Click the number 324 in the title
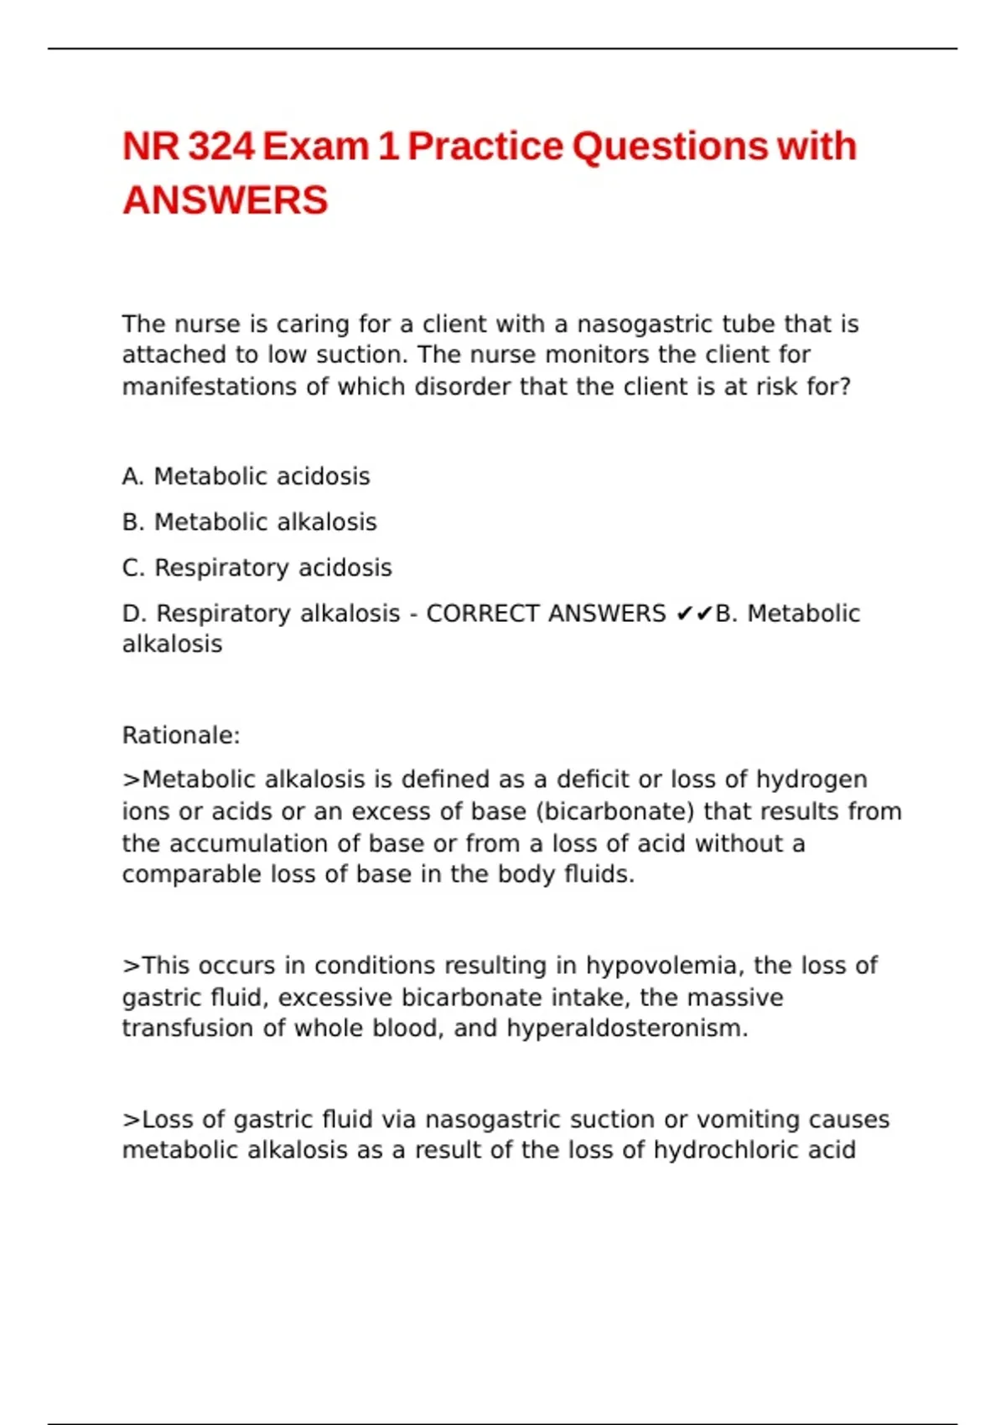pyautogui.click(x=221, y=147)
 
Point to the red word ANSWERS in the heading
pyautogui.click(x=225, y=201)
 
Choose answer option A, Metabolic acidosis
pyautogui.click(x=246, y=476)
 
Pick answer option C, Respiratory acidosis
pyautogui.click(x=257, y=567)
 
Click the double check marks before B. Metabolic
pyautogui.click(x=693, y=614)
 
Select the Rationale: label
pyautogui.click(x=181, y=735)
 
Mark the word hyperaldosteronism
pyautogui.click(x=626, y=1029)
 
